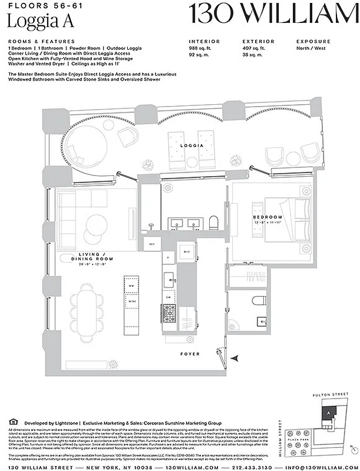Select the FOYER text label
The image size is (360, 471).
click(x=190, y=354)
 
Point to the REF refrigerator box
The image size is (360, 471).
click(x=151, y=243)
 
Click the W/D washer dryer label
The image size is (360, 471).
click(x=187, y=252)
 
